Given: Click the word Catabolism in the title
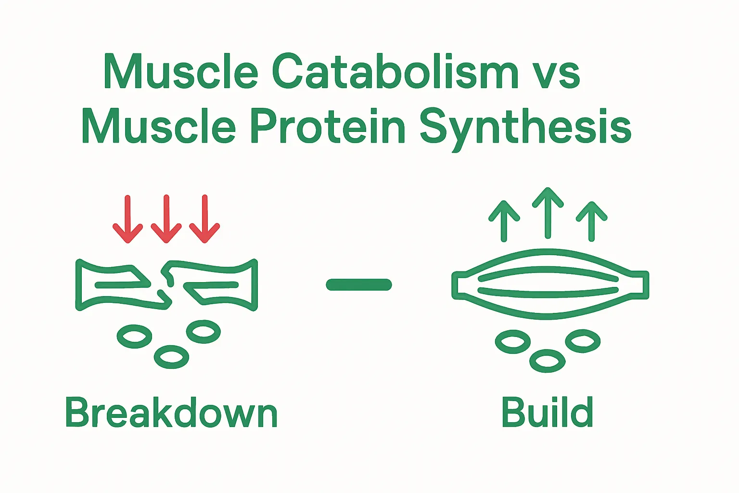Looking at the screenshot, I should click(x=395, y=72).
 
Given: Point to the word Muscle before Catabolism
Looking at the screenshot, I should click(x=181, y=72).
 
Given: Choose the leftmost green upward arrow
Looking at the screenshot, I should click(x=504, y=221).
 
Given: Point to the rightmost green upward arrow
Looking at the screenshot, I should click(x=592, y=221).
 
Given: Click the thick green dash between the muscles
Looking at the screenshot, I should click(x=359, y=285).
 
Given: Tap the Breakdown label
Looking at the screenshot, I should click(x=171, y=413).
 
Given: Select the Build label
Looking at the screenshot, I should click(x=547, y=412).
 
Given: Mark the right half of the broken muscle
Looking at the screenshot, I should click(x=217, y=285).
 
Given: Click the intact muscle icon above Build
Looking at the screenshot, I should click(x=550, y=284).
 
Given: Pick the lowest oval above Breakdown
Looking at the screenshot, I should click(x=171, y=357).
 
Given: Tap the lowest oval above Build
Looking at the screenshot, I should click(x=547, y=361).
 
